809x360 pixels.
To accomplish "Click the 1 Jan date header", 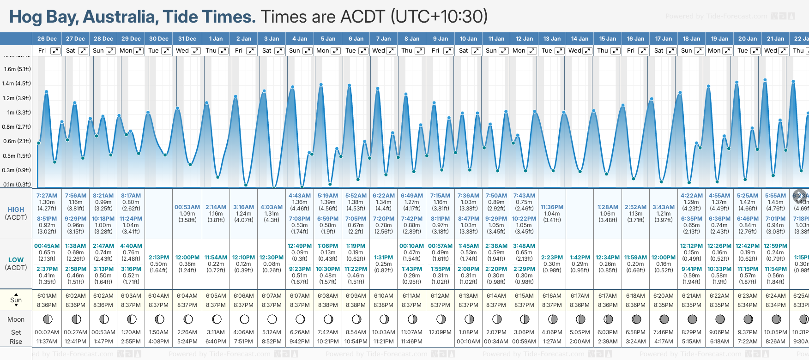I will click(216, 39).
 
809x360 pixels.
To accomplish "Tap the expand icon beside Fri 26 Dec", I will click(55, 51).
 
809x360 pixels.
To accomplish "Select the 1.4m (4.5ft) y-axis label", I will click(16, 84).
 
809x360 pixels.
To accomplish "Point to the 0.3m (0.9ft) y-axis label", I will click(16, 170).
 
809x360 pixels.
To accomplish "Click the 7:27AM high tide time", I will click(47, 196).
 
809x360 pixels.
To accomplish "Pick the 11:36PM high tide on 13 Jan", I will click(552, 207).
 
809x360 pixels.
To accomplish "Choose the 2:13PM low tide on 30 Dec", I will click(158, 258).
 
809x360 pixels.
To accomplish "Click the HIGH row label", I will click(16, 210).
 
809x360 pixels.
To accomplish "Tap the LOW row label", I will click(16, 260).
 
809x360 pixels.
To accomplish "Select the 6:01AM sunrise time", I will click(47, 296).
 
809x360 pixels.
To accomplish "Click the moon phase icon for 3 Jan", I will click(272, 319).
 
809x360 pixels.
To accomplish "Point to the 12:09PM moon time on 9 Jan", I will click(440, 332).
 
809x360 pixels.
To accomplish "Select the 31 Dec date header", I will click(187, 39).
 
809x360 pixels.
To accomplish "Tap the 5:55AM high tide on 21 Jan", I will click(775, 196).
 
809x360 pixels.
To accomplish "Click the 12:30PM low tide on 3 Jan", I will click(272, 258).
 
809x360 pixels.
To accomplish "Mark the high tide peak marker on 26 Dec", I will click(47, 92).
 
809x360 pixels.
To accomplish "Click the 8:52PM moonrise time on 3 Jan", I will click(272, 342).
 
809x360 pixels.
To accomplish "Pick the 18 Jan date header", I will click(692, 39).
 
